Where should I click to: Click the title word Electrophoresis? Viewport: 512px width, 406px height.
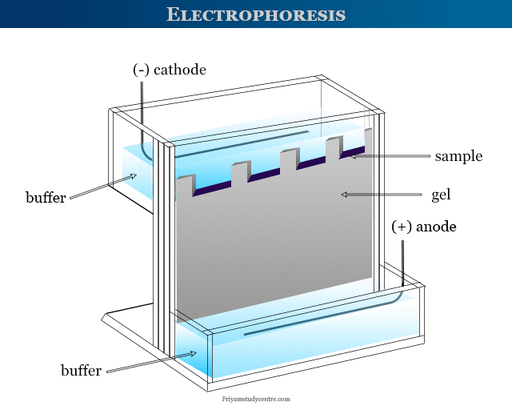click(256, 14)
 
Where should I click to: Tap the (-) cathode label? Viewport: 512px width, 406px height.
click(169, 70)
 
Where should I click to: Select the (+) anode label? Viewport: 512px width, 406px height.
click(424, 227)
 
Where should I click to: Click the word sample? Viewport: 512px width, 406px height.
click(458, 156)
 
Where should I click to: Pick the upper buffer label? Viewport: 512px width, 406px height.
click(46, 196)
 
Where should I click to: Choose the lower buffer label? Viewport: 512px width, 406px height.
click(81, 370)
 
